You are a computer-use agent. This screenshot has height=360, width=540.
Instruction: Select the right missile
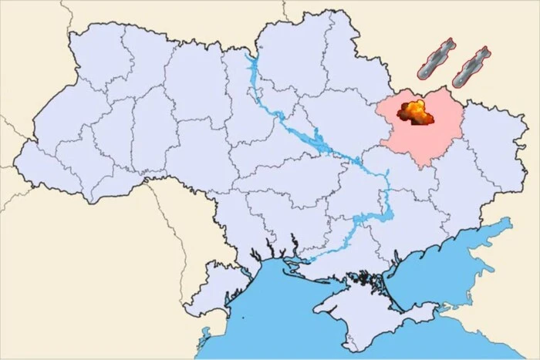[470, 66]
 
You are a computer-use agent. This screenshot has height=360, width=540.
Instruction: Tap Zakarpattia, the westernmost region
[46, 166]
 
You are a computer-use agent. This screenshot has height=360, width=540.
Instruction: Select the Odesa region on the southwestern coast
[231, 254]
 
